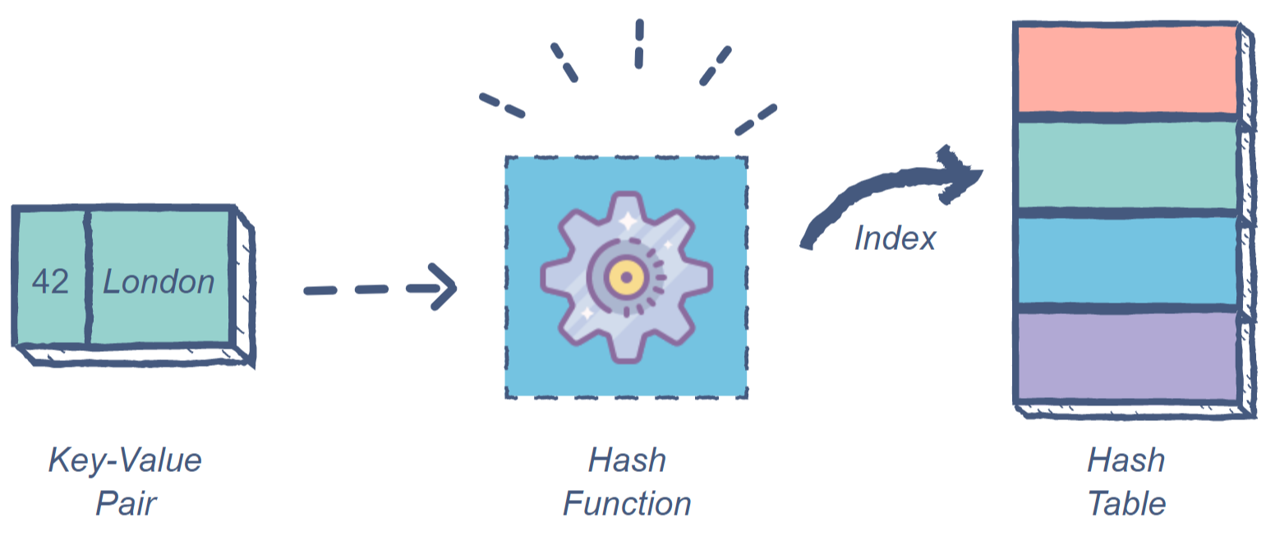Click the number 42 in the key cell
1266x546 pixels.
[50, 282]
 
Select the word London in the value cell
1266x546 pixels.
[159, 282]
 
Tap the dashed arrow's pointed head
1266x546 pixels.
[444, 287]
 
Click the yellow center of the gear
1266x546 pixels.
[626, 277]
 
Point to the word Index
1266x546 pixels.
[895, 238]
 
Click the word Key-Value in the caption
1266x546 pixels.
[125, 460]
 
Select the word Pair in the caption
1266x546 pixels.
[125, 503]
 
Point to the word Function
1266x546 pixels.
[626, 503]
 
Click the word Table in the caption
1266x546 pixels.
[1126, 503]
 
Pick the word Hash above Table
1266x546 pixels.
[1126, 460]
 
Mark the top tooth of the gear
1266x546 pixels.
[626, 206]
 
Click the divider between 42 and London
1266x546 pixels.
[85, 277]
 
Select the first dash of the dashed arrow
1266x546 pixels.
[320, 290]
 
